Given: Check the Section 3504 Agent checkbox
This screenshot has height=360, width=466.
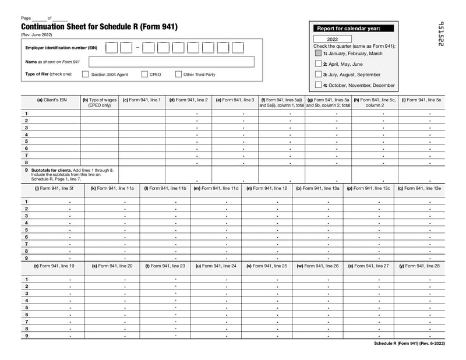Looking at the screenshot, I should coord(85,75).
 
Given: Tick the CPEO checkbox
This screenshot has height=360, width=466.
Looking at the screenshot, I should coord(144,75).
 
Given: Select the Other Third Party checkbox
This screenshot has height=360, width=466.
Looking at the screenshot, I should coord(178,75).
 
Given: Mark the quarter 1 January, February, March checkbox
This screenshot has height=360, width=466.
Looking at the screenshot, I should coord(318,53).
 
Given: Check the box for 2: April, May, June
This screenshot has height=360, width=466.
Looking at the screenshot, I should coord(318,64).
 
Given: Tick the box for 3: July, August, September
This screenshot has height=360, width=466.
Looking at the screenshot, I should coord(318,75).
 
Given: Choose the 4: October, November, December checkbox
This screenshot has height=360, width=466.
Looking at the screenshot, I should coord(318,85).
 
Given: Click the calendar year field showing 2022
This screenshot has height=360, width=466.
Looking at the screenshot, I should coord(332,39).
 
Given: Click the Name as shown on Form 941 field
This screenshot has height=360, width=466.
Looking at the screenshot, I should coord(171,62).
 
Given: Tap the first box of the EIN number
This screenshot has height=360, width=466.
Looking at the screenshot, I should coord(111,48).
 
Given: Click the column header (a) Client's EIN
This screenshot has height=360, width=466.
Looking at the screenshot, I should coord(52,100).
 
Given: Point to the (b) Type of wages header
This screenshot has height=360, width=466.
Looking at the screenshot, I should coord(100,103).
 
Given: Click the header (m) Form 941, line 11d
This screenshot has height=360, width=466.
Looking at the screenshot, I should coord(216,189).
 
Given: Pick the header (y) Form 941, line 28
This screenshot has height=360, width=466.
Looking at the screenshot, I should coord(419,266).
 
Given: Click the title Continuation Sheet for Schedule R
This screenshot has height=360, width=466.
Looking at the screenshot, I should coord(99,27).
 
